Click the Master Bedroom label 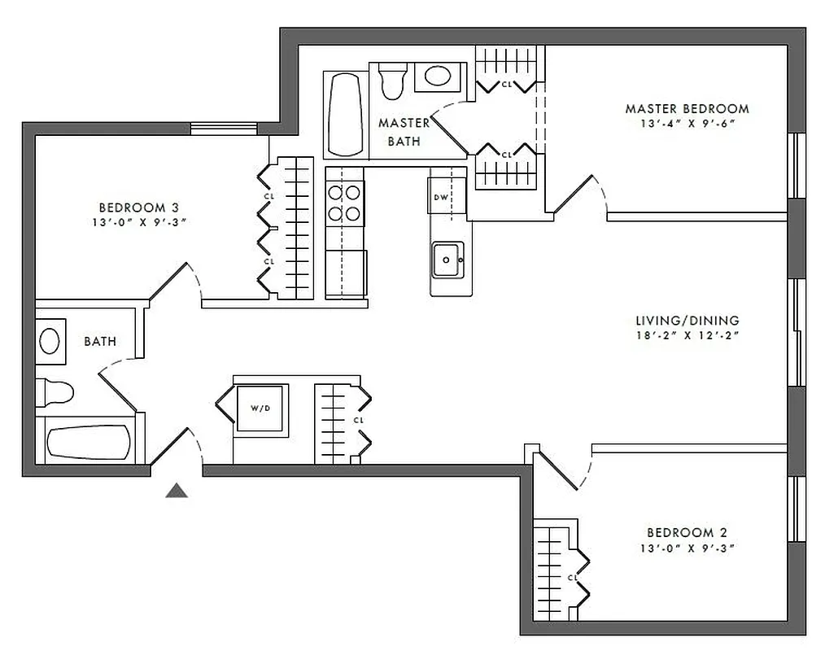[687, 108]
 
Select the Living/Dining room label [687, 321]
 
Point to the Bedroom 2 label [687, 533]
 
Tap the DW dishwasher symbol [442, 197]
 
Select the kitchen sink [447, 260]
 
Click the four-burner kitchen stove [344, 203]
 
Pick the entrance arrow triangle [177, 491]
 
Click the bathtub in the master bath [345, 115]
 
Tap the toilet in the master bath [392, 80]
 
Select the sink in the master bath [439, 77]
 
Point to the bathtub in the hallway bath [88, 443]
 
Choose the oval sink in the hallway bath [50, 340]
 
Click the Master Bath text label [404, 132]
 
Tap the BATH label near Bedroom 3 [100, 342]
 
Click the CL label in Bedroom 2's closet [572, 578]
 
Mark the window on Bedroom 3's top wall [224, 128]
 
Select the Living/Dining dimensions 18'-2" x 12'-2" [687, 334]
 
